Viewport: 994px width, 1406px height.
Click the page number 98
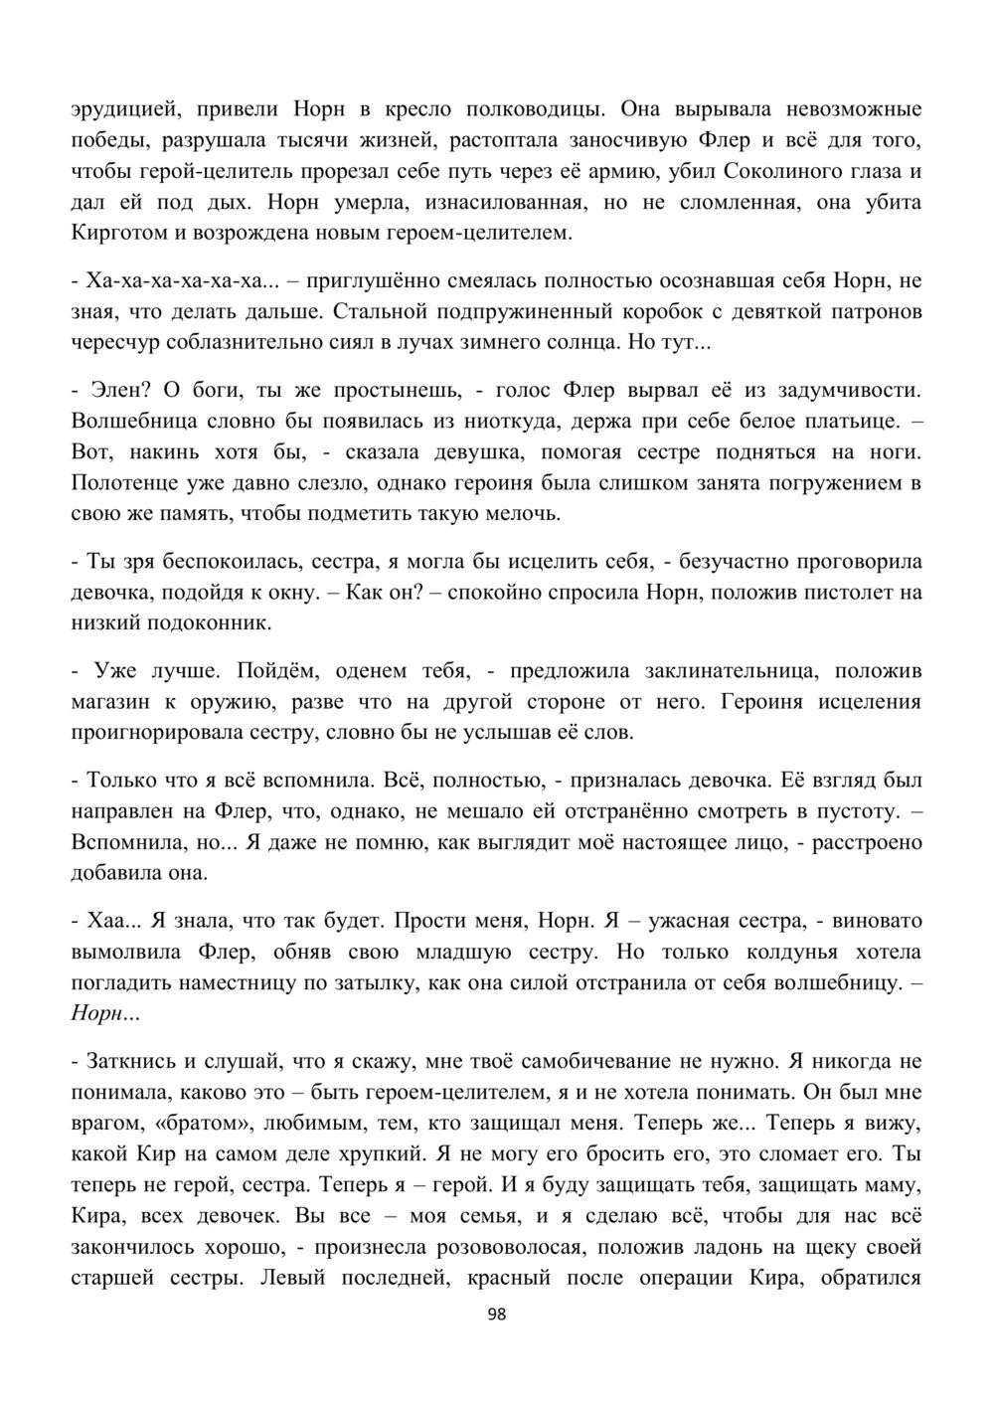498,1314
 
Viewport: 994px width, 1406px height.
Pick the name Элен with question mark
120,389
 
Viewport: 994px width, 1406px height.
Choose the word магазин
110,701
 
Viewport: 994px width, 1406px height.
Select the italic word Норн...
96,1014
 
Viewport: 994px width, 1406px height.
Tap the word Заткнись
132,1060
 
